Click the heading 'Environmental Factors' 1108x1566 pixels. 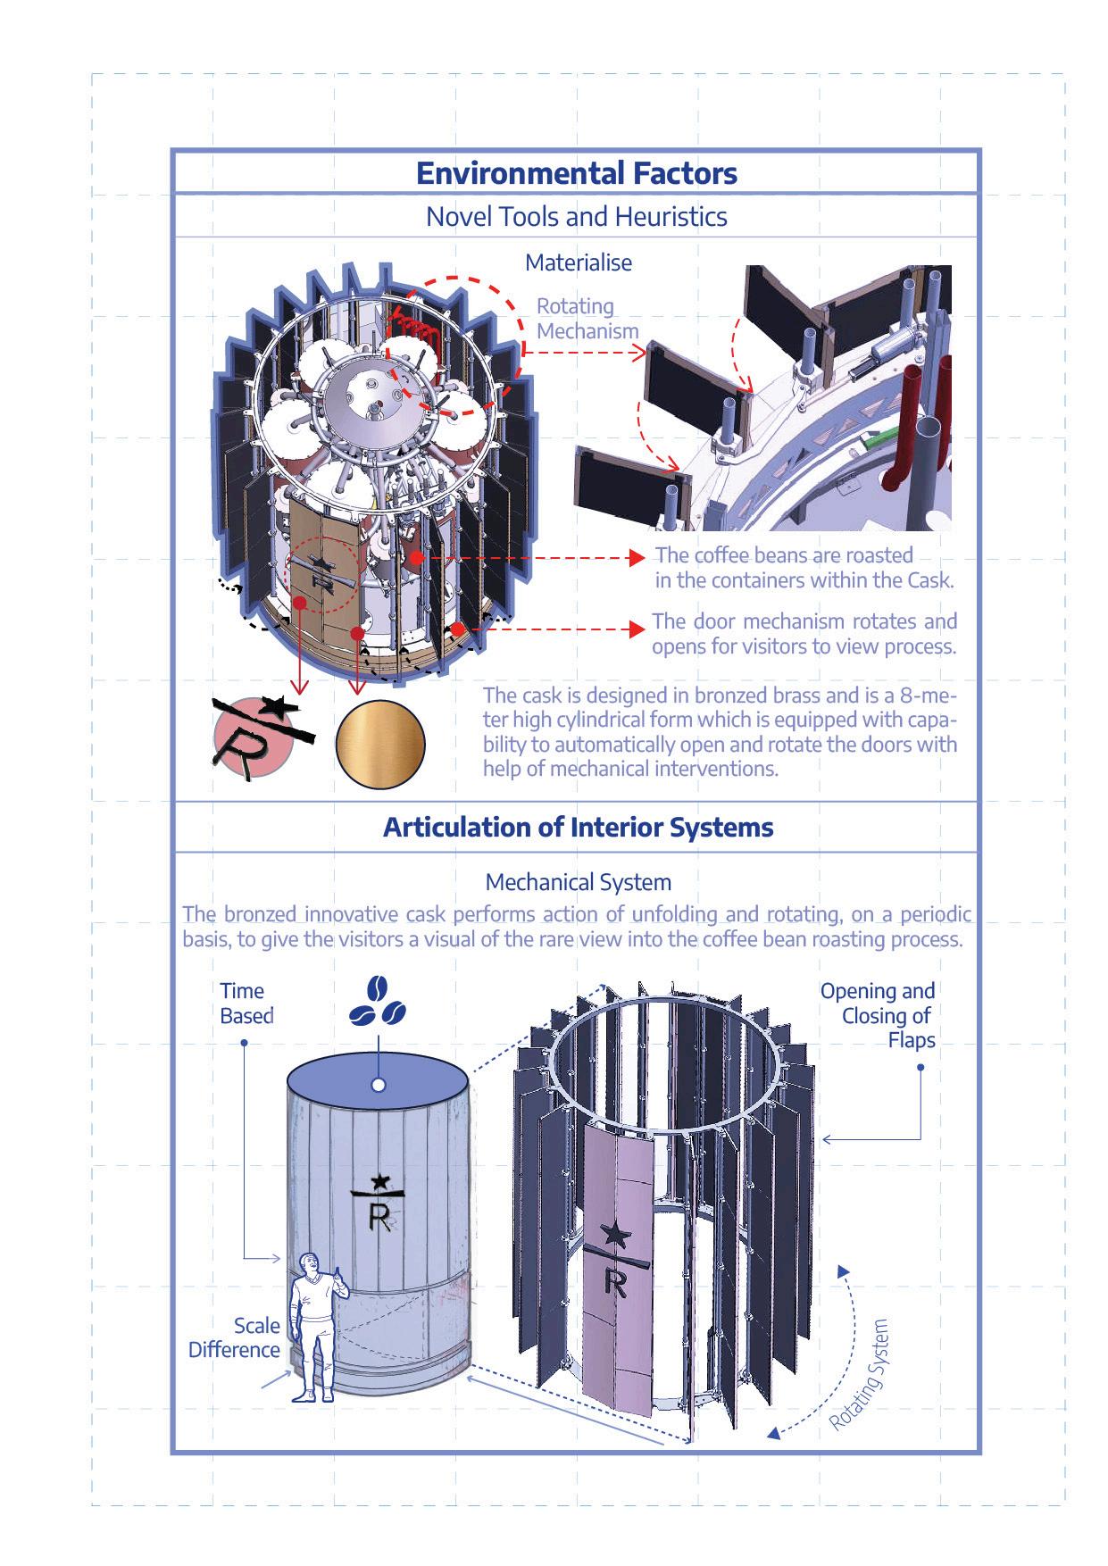tap(577, 172)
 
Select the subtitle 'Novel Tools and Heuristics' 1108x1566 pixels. tap(577, 217)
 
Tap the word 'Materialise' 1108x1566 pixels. tap(578, 262)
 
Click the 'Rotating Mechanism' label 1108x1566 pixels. tap(587, 319)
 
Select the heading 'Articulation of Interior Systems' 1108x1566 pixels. tap(578, 827)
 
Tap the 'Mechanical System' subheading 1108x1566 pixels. tap(578, 883)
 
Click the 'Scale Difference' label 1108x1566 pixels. tap(236, 1337)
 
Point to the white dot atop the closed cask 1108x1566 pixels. tap(379, 1085)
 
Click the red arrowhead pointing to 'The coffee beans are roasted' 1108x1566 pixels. tap(637, 558)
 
